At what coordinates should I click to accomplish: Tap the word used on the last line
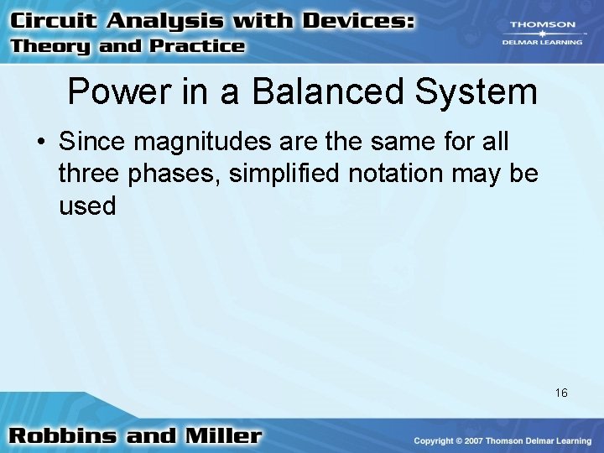pos(87,206)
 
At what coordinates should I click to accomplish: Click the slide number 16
pos(561,393)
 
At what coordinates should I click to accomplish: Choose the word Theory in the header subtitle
pos(51,46)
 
